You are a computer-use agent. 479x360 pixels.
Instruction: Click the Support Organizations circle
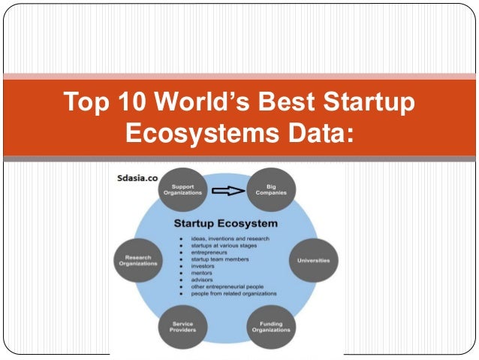183,189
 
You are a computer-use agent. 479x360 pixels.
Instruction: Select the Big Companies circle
271,189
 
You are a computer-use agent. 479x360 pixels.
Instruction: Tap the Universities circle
313,260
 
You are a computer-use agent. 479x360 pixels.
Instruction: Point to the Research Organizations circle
138,261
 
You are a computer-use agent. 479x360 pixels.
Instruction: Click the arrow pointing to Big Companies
227,191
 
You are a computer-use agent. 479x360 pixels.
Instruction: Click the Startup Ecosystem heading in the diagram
225,223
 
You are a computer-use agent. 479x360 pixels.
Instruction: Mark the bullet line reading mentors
204,273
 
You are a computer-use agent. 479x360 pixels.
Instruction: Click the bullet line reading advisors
204,280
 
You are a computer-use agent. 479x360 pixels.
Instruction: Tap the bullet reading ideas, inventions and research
228,239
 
